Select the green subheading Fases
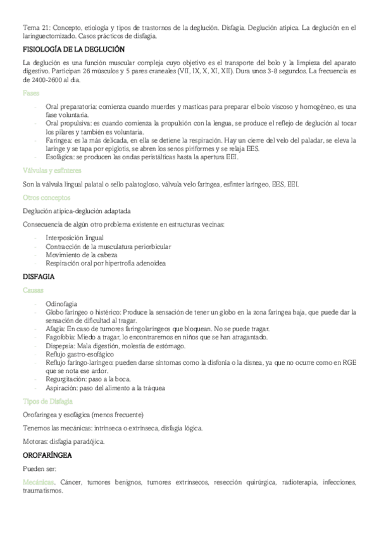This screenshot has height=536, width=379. (31, 93)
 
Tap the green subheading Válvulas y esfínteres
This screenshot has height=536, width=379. (51, 171)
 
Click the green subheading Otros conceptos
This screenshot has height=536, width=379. (46, 197)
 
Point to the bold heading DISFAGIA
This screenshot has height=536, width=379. (38, 277)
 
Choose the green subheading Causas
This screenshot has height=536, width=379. (33, 289)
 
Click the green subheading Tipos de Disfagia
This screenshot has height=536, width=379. (47, 401)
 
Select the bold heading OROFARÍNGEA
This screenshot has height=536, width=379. (47, 454)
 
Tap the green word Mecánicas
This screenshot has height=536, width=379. (38, 482)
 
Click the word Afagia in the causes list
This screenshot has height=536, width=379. (56, 329)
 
